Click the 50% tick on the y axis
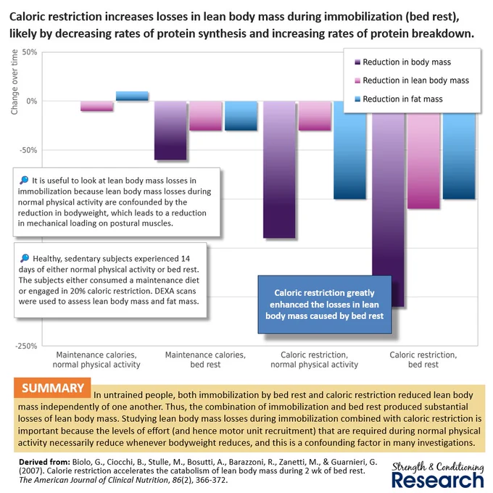point(30,52)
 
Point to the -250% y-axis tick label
point(26,346)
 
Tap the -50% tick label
point(28,150)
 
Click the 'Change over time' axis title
point(14,82)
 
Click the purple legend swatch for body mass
point(357,62)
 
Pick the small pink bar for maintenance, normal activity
point(96,106)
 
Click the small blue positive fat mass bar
point(132,96)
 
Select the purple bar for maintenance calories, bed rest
point(170,130)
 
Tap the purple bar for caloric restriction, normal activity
point(279,170)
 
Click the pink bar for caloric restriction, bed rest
point(423,161)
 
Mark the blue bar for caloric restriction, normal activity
point(349,150)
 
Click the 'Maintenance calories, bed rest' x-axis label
point(205,360)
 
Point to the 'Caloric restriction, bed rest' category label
point(423,360)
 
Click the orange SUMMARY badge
point(52,388)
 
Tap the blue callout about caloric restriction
point(325,304)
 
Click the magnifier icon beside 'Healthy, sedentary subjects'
point(25,258)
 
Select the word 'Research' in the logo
point(438,480)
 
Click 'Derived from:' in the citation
point(44,462)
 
